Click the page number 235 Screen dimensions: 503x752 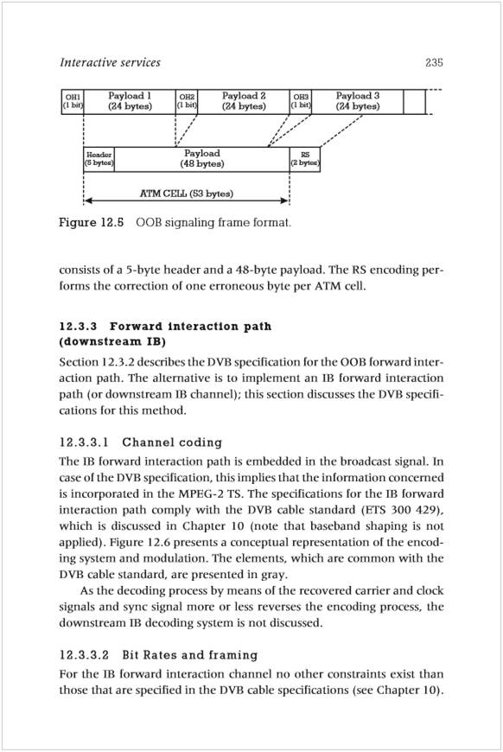point(434,62)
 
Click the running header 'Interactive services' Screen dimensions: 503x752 point(111,62)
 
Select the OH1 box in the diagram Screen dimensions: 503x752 point(73,102)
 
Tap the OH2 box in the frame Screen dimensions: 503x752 point(187,102)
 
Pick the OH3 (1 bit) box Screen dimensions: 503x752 point(301,102)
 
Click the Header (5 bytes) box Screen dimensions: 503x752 point(99,159)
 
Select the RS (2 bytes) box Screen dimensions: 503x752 point(305,159)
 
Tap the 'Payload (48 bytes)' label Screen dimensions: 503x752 point(202,159)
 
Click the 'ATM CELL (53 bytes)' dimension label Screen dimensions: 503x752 point(187,194)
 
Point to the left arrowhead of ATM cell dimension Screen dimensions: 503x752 point(86,201)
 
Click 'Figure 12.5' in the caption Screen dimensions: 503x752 point(92,222)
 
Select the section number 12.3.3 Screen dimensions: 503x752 point(78,327)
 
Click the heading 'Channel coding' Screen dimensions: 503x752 point(172,443)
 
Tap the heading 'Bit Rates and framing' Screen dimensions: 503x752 point(190,655)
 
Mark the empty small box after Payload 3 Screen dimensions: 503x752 point(414,102)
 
